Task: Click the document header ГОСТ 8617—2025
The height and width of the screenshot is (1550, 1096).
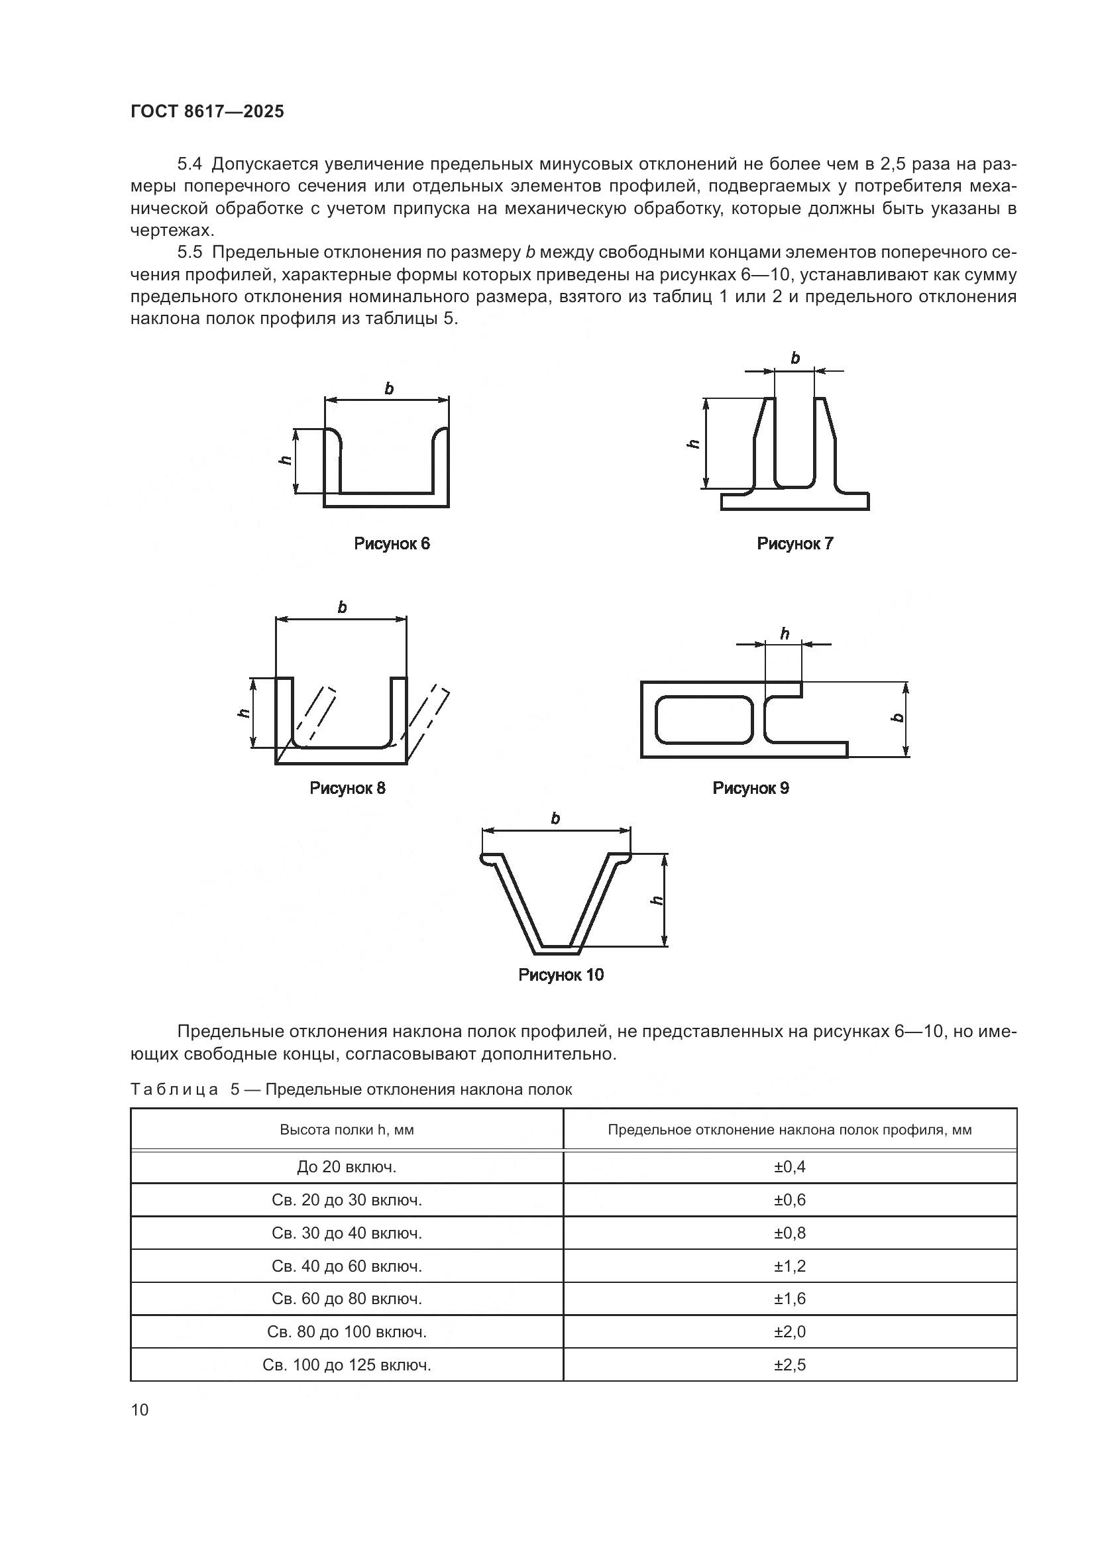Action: point(207,112)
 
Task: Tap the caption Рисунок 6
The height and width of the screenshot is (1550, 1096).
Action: point(392,543)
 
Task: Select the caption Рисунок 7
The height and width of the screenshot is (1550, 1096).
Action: point(795,543)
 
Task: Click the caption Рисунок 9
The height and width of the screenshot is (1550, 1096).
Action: point(750,788)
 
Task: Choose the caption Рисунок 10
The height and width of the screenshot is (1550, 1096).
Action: point(560,975)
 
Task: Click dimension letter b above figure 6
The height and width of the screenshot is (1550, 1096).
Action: point(389,389)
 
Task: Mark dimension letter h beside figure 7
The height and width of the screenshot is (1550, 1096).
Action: point(692,443)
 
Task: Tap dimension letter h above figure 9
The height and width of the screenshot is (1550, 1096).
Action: point(784,634)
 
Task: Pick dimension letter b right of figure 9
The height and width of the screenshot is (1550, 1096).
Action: point(898,717)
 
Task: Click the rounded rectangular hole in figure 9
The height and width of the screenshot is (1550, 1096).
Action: point(703,720)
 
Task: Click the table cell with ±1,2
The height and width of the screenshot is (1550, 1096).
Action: point(790,1266)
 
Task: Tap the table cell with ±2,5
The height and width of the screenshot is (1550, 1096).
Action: point(790,1366)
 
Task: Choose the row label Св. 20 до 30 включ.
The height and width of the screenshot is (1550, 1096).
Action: point(347,1200)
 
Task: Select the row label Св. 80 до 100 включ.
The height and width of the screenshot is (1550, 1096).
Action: point(347,1333)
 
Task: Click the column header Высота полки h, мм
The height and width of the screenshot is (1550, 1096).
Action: point(347,1130)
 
